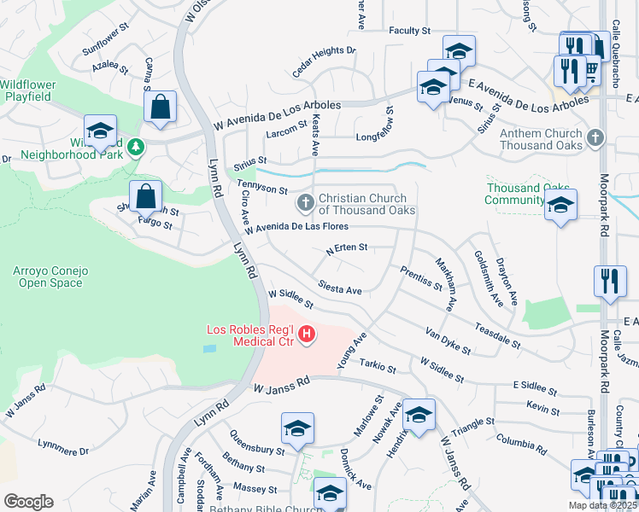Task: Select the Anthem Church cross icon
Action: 596,138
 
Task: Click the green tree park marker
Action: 135,148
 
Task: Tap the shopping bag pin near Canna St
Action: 160,108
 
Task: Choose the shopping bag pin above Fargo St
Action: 146,196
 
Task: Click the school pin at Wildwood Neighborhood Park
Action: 101,131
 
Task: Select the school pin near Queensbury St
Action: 297,428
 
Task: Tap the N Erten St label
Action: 346,248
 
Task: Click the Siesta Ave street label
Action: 339,288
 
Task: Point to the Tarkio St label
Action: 378,368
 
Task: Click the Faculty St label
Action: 409,31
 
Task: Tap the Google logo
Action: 28,501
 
